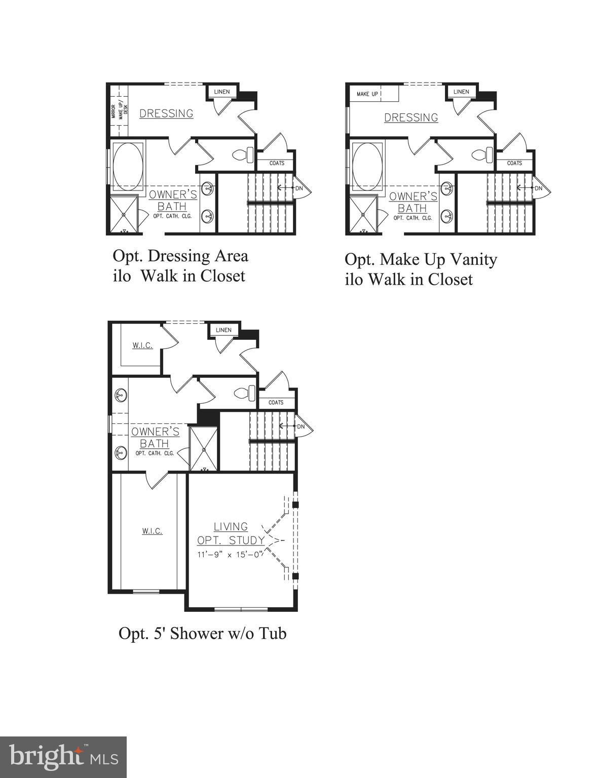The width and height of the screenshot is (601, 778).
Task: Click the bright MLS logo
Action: (x=63, y=757)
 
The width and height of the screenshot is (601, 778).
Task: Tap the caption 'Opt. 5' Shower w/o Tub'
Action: (x=202, y=633)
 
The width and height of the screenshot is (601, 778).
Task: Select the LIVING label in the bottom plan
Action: (x=231, y=527)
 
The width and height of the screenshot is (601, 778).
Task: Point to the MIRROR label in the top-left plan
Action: (x=114, y=111)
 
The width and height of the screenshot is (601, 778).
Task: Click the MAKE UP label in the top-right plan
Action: (x=367, y=94)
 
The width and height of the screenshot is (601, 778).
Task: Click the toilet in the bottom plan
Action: (x=246, y=393)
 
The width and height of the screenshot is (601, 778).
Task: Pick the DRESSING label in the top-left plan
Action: (x=166, y=113)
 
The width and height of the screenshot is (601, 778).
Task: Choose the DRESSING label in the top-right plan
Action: (x=411, y=118)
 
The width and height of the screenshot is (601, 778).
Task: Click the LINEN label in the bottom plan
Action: (x=223, y=330)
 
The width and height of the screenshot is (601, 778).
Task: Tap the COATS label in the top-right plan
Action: (x=514, y=163)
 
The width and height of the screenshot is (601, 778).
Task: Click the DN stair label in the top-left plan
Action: (x=299, y=188)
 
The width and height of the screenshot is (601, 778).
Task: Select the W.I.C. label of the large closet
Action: (x=152, y=531)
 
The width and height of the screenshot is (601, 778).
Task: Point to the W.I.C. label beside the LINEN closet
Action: (x=142, y=345)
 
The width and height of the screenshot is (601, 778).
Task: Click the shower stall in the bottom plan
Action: (x=203, y=449)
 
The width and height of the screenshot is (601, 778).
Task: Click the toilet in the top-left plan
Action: (x=244, y=154)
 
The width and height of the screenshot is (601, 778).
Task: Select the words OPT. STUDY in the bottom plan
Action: (x=231, y=540)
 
